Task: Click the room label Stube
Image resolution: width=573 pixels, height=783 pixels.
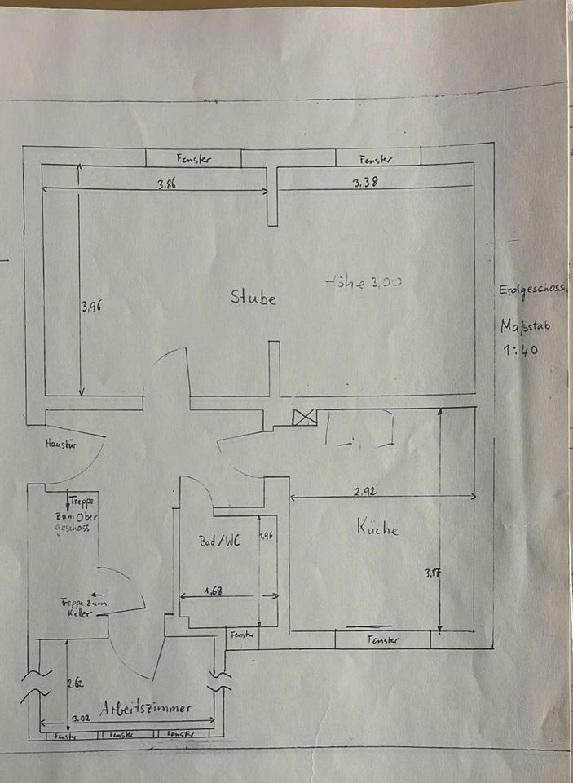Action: tap(253, 298)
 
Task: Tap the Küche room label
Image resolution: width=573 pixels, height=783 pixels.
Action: tap(377, 528)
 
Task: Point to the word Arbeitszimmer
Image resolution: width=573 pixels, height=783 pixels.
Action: tap(146, 709)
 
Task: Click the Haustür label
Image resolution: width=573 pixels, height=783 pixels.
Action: tap(60, 445)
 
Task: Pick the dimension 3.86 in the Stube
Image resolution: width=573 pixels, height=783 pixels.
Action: tap(166, 184)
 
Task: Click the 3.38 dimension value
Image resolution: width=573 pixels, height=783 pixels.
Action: tap(364, 184)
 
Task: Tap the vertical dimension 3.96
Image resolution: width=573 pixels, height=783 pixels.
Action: tap(90, 307)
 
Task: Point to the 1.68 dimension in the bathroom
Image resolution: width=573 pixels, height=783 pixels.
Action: tap(214, 590)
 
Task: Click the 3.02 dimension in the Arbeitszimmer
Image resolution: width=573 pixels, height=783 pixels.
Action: tap(81, 719)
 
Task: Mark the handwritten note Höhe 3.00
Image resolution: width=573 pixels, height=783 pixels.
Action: tap(364, 281)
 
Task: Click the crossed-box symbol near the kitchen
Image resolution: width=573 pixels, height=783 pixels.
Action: tap(304, 418)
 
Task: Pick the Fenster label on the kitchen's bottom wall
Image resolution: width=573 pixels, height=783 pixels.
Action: tap(383, 640)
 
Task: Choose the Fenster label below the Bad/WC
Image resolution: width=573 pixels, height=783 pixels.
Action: tap(243, 634)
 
